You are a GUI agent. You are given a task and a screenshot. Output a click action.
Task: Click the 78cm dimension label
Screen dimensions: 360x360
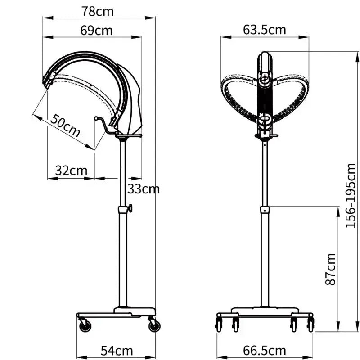tap(98, 11)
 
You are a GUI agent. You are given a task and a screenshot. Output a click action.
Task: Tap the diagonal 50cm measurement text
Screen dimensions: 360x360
tap(66, 126)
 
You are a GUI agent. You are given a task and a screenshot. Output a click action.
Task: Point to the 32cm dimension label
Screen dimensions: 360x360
tap(71, 170)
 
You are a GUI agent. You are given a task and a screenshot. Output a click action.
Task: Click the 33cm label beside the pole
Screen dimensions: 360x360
tap(143, 189)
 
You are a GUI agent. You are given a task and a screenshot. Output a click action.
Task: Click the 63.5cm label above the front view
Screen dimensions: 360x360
tap(265, 30)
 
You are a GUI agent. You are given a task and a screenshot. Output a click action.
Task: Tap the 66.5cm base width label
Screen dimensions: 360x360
tap(265, 350)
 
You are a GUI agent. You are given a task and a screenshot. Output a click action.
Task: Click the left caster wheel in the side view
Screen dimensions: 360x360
tap(84, 325)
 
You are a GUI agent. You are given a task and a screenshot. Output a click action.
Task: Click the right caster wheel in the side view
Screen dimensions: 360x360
tap(154, 325)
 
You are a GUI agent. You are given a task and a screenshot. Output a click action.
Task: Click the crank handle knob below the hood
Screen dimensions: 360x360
tap(96, 118)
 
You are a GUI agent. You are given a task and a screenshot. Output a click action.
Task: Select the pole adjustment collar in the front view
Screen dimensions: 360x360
tap(265, 210)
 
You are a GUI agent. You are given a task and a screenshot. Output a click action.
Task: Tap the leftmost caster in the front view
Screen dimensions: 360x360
tap(220, 324)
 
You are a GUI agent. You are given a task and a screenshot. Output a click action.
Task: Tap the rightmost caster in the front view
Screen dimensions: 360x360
tap(310, 324)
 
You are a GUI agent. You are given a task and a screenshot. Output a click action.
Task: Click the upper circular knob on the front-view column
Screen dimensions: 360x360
tap(265, 80)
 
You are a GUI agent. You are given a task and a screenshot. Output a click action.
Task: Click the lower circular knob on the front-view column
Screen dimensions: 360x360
tap(265, 120)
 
